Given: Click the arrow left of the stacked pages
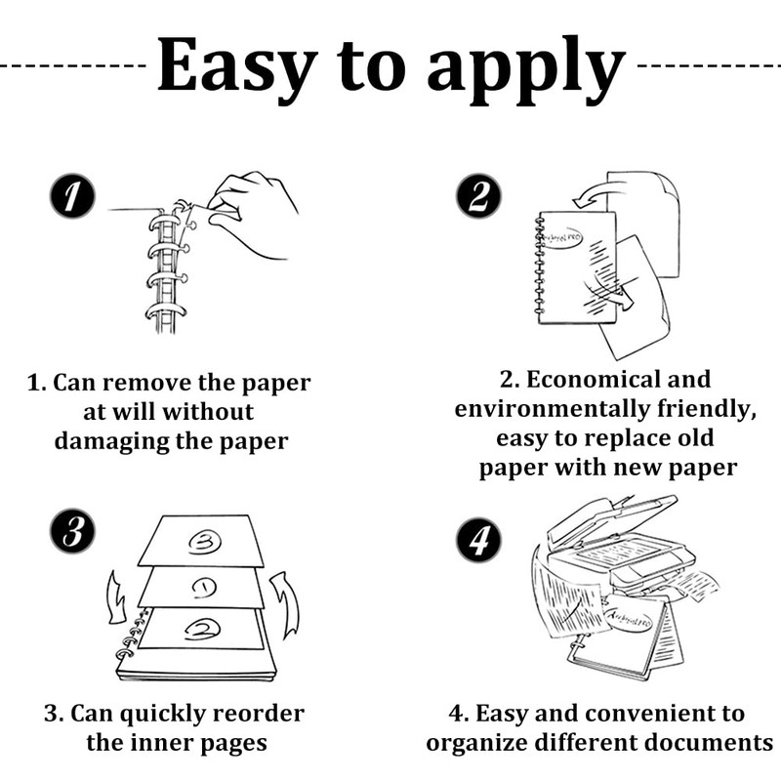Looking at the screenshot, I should (x=110, y=596).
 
